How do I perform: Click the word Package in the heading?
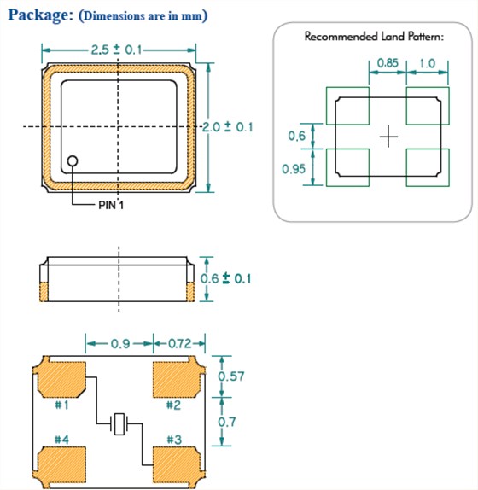tap(40, 15)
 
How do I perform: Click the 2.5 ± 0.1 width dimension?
tap(116, 50)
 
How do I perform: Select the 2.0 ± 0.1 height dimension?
tap(227, 127)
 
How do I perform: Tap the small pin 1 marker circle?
tap(73, 161)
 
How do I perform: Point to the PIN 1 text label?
tap(111, 206)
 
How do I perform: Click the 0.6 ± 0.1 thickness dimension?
tap(225, 278)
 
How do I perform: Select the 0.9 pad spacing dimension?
tap(120, 344)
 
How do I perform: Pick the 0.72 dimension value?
tap(179, 344)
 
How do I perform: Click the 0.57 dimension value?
tap(230, 376)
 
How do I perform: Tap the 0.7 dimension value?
tap(226, 423)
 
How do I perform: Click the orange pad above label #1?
tap(61, 379)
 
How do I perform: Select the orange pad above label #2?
tap(178, 379)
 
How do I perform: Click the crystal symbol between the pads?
tap(119, 424)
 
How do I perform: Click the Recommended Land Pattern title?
tap(374, 37)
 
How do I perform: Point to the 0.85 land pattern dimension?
tap(388, 63)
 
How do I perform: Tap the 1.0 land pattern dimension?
tap(427, 63)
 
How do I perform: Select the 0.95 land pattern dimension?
tap(294, 169)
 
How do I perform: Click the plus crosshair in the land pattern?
tap(388, 137)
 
